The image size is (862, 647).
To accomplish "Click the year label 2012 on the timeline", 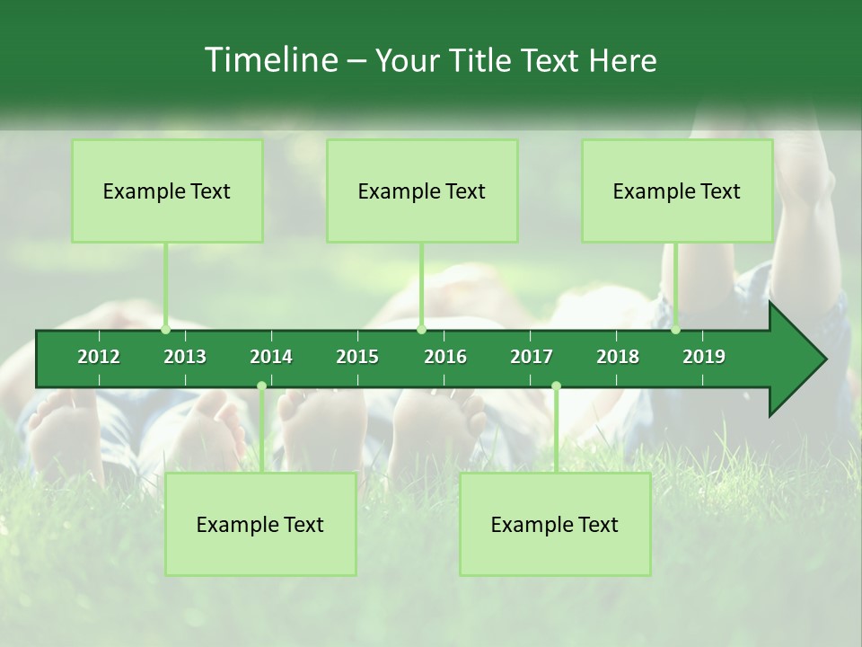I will click(x=99, y=357).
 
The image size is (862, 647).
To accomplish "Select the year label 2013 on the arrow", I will click(x=185, y=357).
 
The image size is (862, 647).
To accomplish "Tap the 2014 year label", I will click(x=271, y=357).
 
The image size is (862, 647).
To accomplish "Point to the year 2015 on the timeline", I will click(x=357, y=357).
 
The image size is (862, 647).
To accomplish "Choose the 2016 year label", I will click(x=445, y=357).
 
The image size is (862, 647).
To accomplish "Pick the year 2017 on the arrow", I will click(x=532, y=357).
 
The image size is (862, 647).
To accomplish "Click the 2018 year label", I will click(x=618, y=357).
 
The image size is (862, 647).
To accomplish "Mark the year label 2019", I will click(x=704, y=357).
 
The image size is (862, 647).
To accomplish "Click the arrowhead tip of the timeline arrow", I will click(x=824, y=359).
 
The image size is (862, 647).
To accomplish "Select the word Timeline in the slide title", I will click(x=270, y=60).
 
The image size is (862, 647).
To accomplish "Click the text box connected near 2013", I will click(x=167, y=191).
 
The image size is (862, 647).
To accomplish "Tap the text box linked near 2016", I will click(x=422, y=191).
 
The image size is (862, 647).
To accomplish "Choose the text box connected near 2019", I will click(x=677, y=191).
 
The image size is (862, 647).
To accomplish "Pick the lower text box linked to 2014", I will click(x=260, y=525).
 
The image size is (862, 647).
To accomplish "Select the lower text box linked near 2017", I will click(x=555, y=525).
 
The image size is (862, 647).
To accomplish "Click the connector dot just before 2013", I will click(x=165, y=330).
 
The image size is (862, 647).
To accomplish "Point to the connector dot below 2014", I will click(x=261, y=386).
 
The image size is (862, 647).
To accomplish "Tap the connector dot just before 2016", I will click(x=421, y=330).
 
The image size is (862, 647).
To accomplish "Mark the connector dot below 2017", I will click(x=556, y=386).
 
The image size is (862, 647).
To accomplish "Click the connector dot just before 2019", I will click(x=675, y=330).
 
